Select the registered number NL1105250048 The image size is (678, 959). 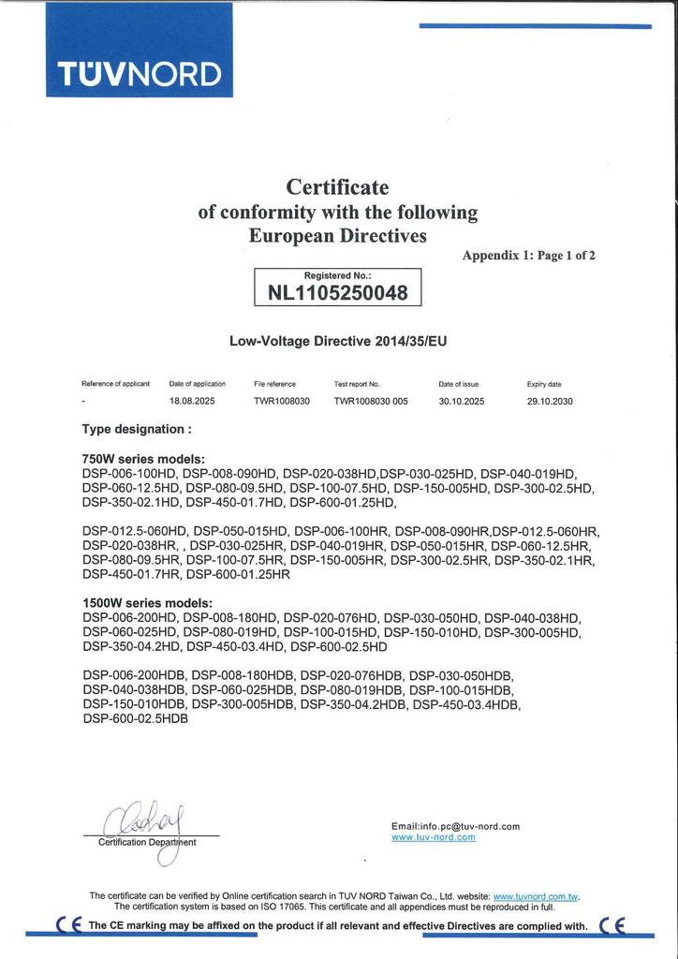pos(338,293)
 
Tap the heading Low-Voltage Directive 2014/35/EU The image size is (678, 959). pos(338,342)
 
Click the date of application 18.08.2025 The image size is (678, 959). pos(192,401)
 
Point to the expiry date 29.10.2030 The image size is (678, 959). pos(550,401)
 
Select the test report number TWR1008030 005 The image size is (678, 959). pos(372,401)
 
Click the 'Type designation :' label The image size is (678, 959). pos(137,429)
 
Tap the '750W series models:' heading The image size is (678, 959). pos(143,459)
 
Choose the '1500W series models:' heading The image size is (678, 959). pos(147,603)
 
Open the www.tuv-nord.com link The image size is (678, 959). pos(433,837)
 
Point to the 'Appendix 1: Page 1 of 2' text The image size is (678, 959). pos(528,255)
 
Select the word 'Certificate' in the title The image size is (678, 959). pos(337,187)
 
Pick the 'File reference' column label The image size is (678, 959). pos(274,384)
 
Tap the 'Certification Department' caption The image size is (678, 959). pos(147,842)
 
